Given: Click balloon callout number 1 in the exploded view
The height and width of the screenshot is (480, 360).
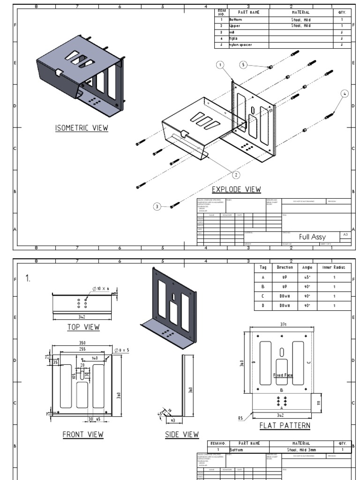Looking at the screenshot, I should (219, 64).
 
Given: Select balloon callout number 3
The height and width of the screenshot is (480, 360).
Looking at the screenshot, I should (157, 206).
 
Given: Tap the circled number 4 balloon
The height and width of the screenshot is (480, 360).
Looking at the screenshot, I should (345, 94).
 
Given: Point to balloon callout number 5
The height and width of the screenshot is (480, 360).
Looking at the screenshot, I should (243, 65).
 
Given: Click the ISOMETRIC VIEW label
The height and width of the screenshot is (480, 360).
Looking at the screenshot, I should (82, 128).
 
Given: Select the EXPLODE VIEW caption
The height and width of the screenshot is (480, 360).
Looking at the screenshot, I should (236, 189).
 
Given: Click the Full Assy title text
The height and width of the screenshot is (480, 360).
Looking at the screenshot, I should (312, 237).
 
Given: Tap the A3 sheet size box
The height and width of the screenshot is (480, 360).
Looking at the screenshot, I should (345, 234).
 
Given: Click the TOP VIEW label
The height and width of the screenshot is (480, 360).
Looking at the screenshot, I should (83, 327).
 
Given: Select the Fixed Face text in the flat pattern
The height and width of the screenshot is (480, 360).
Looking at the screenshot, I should (283, 375).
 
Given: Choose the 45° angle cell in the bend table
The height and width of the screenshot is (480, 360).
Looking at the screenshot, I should (307, 277).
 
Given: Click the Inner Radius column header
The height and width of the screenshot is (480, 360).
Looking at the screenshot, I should (334, 267).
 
